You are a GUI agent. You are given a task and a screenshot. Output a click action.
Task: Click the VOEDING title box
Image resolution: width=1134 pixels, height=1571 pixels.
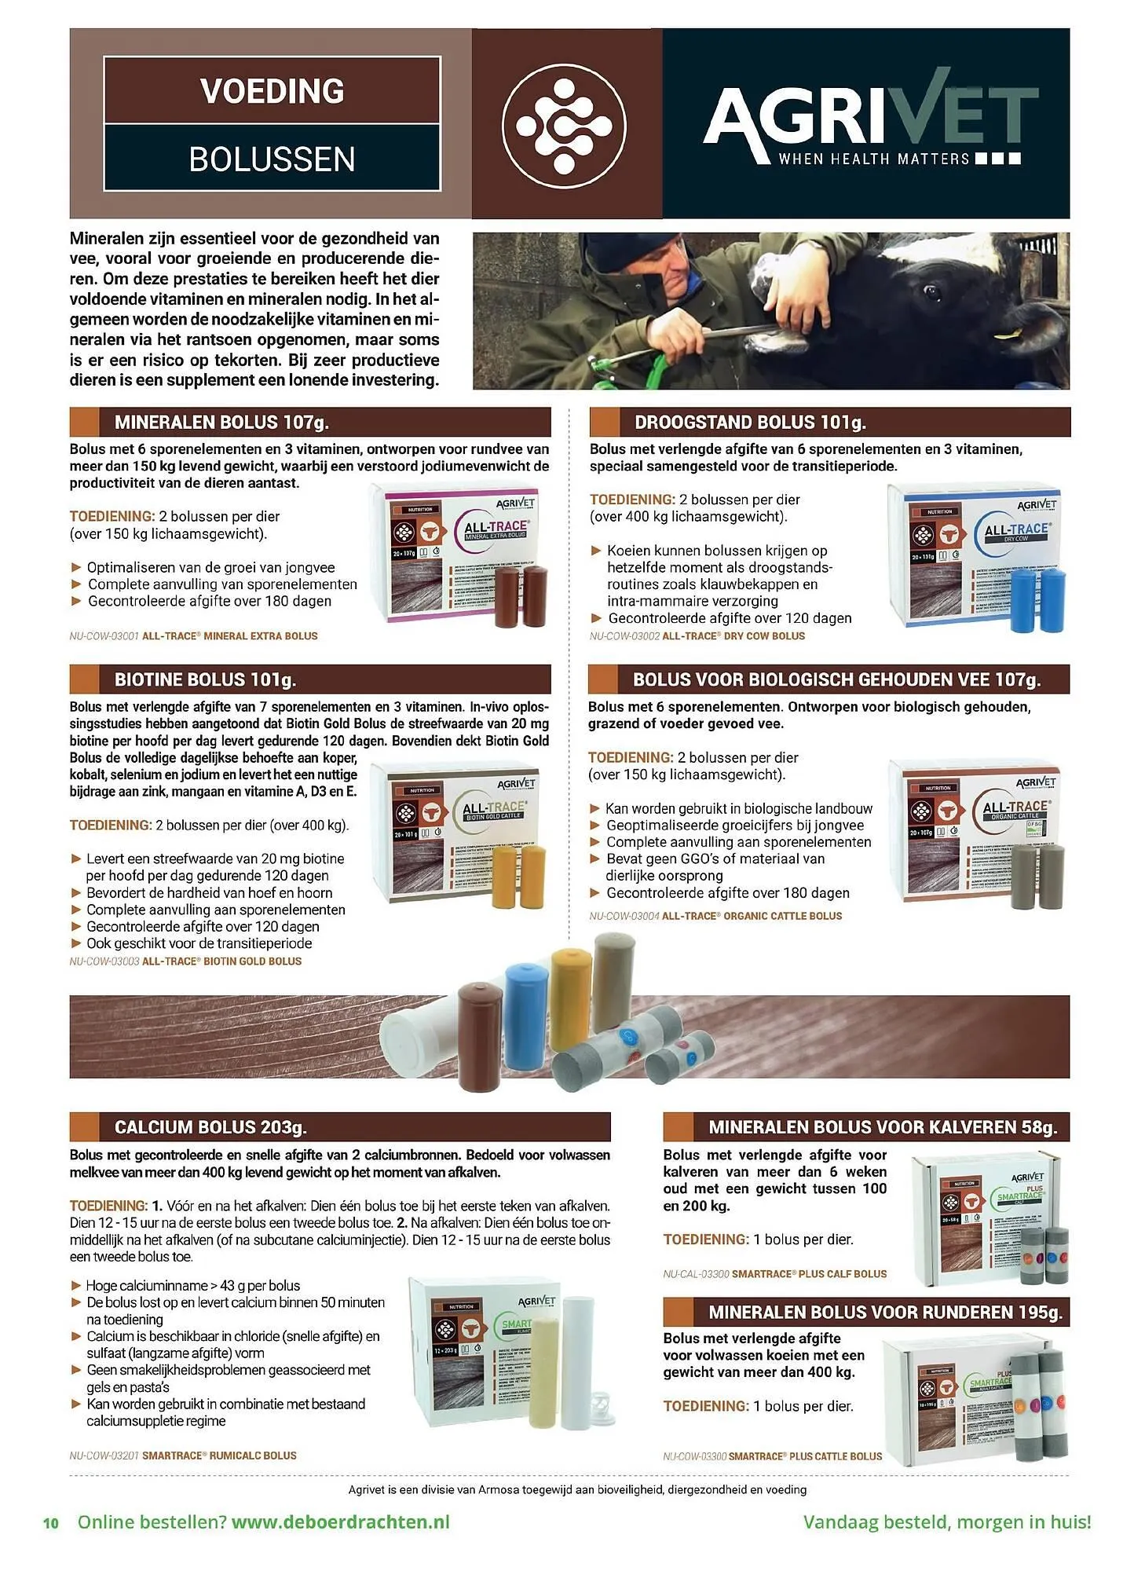pyautogui.click(x=272, y=91)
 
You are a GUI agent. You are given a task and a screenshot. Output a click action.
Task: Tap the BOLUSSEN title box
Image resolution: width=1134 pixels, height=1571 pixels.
pyautogui.click(x=272, y=159)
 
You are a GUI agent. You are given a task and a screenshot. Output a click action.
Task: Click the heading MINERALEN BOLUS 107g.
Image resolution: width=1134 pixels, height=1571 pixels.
pyautogui.click(x=221, y=423)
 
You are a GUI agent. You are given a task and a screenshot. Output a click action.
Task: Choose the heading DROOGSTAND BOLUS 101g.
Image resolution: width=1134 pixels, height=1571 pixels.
pyautogui.click(x=750, y=423)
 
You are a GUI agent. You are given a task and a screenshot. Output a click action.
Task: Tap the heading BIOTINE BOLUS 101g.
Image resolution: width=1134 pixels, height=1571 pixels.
pyautogui.click(x=205, y=679)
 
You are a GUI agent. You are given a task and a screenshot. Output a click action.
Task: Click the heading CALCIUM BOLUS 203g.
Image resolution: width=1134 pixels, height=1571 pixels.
pyautogui.click(x=210, y=1127)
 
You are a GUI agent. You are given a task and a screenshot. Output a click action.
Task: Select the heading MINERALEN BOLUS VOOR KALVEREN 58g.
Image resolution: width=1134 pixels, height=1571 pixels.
pyautogui.click(x=883, y=1127)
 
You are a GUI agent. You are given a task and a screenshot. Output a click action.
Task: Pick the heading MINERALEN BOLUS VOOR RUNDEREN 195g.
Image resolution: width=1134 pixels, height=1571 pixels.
pyautogui.click(x=885, y=1313)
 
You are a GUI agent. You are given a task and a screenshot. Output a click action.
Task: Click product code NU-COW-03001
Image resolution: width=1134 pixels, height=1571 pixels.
pyautogui.click(x=104, y=636)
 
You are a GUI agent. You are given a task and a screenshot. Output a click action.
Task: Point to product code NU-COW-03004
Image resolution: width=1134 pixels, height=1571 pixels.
pyautogui.click(x=624, y=916)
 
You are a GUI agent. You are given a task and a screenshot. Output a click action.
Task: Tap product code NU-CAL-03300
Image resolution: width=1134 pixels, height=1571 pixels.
pyautogui.click(x=697, y=1274)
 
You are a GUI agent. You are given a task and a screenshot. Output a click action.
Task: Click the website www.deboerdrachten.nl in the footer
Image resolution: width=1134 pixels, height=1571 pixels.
pyautogui.click(x=341, y=1522)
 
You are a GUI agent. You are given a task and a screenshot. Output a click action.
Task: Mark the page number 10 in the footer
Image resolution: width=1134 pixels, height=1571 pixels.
pyautogui.click(x=51, y=1523)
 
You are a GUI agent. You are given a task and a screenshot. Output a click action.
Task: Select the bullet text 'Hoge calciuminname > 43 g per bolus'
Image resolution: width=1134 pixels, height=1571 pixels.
pyautogui.click(x=193, y=1286)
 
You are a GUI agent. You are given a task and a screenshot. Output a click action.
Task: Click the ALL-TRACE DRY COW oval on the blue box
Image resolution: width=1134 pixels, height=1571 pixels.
pyautogui.click(x=1016, y=532)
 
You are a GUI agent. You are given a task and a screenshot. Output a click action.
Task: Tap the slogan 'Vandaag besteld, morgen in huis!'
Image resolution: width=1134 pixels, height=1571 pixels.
pyautogui.click(x=946, y=1522)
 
